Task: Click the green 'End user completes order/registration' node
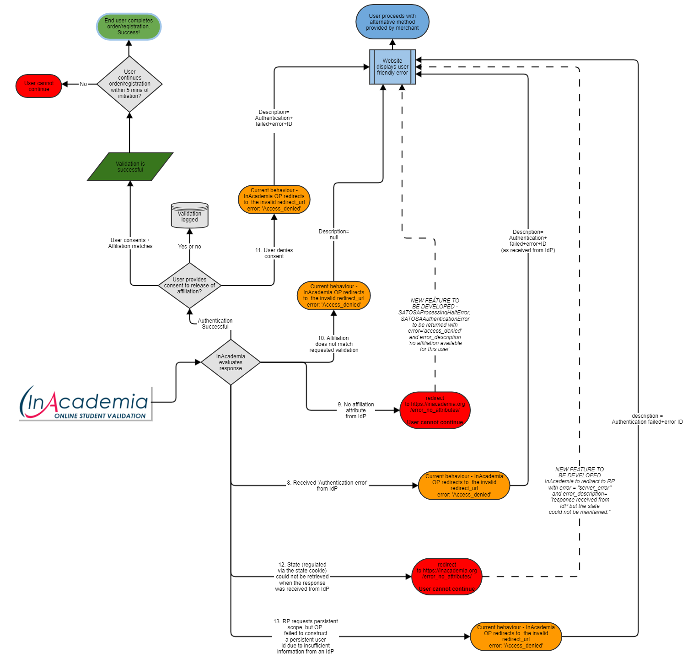129,27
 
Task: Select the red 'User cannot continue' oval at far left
39,86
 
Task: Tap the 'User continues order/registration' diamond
129,84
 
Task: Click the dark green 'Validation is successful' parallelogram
130,167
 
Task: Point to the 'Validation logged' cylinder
189,216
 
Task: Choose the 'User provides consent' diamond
189,286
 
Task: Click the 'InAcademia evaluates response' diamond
231,362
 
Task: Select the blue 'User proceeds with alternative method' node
392,22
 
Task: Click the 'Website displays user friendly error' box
392,67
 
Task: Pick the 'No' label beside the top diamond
83,84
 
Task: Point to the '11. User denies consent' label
274,253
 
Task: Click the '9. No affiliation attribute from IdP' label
356,410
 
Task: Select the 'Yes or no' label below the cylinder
189,247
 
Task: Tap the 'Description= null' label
334,234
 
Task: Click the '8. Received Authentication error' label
327,486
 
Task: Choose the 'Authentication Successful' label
215,324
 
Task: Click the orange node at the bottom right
516,636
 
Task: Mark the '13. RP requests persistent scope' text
306,636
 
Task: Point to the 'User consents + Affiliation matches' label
130,243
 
